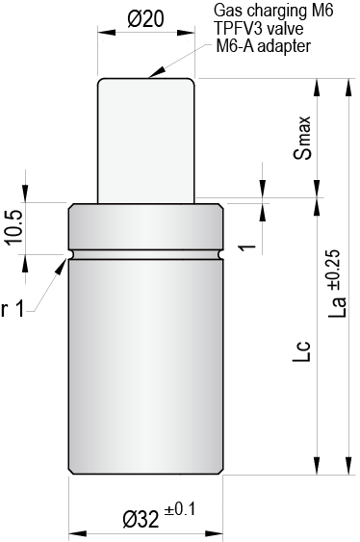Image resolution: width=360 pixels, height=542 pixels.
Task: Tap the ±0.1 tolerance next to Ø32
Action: click(179, 510)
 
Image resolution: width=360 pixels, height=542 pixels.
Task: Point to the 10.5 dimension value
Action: click(12, 227)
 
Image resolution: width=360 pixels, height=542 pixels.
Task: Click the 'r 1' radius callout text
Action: click(13, 309)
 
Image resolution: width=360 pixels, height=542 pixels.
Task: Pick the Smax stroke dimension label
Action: click(303, 139)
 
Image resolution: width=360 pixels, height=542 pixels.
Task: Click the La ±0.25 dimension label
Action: click(335, 283)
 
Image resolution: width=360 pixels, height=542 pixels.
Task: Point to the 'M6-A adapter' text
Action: click(262, 45)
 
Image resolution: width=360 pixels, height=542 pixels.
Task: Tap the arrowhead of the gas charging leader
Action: click(147, 73)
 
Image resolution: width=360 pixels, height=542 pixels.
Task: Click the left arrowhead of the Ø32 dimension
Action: click(74, 532)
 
